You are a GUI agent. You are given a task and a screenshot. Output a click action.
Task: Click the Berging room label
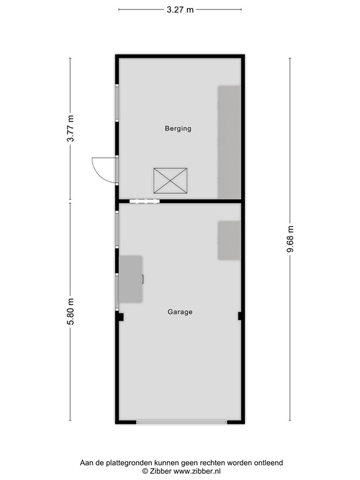click(177, 129)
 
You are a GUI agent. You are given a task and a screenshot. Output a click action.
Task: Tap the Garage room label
click(179, 312)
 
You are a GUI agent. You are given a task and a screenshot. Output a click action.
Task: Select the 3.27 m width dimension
click(179, 9)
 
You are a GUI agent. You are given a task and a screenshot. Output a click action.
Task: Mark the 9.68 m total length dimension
click(289, 239)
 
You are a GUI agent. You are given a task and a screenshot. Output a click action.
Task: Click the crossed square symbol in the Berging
click(170, 180)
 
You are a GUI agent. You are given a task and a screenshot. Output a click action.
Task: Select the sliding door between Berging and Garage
click(144, 201)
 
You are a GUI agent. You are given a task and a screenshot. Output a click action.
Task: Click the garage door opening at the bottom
click(181, 422)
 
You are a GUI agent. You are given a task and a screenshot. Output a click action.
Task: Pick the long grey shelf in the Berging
click(229, 142)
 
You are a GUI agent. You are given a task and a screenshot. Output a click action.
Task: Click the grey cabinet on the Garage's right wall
click(229, 240)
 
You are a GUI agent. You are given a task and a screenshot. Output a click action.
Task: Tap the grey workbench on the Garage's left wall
click(131, 279)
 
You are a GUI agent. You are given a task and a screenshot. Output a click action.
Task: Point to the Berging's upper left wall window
click(117, 102)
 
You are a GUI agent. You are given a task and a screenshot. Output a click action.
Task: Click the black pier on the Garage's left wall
click(119, 317)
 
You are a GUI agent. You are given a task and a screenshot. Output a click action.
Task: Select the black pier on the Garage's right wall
click(240, 316)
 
